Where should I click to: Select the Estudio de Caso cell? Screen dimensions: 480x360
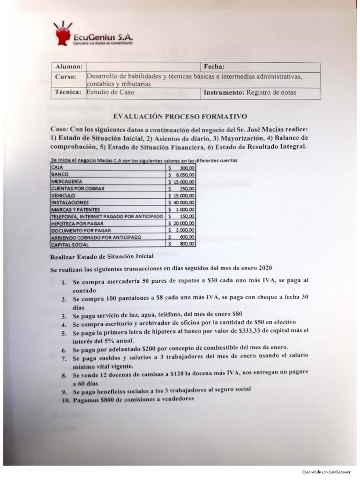coord(111,92)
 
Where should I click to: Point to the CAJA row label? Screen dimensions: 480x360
coord(56,167)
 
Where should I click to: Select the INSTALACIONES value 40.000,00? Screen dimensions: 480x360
coord(183,202)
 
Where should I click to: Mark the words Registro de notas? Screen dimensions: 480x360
coord(271,92)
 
